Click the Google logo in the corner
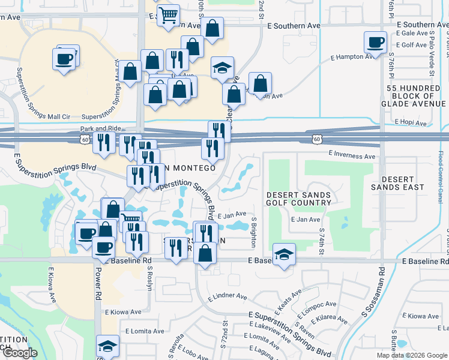point(19,353)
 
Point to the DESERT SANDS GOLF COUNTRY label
point(298,199)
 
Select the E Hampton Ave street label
point(352,57)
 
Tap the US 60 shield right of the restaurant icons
point(316,139)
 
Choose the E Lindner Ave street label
point(228,296)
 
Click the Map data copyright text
point(411,355)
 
